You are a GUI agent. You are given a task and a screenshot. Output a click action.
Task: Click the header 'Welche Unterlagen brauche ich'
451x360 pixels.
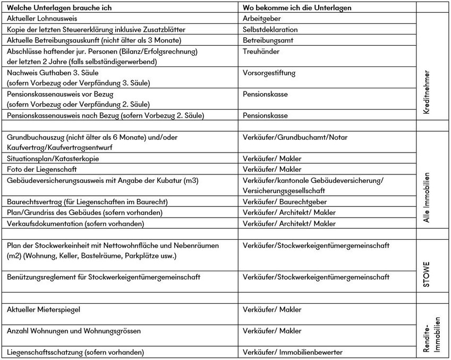pyautogui.click(x=63, y=9)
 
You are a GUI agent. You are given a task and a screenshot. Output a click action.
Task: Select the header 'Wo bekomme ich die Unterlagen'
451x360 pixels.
pyautogui.click(x=298, y=9)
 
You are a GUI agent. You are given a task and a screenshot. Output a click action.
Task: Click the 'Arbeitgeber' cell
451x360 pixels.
pyautogui.click(x=260, y=19)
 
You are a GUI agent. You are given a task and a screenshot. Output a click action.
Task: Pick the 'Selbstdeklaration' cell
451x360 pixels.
pyautogui.click(x=270, y=30)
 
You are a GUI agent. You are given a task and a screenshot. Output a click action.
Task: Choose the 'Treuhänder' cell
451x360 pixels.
pyautogui.click(x=261, y=52)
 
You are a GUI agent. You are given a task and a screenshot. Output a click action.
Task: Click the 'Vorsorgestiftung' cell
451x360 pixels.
pyautogui.click(x=269, y=73)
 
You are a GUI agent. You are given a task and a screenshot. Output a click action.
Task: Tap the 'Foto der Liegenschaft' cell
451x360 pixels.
pyautogui.click(x=42, y=170)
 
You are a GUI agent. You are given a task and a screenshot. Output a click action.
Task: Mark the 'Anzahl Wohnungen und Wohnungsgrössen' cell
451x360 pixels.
pyautogui.click(x=74, y=331)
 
